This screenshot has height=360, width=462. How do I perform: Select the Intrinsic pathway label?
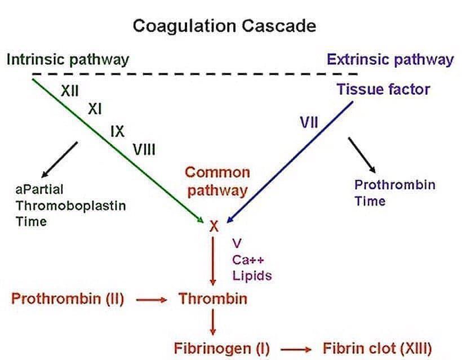tap(68, 60)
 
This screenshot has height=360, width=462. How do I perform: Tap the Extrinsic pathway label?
tap(390, 60)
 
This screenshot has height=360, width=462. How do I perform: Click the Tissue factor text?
tap(383, 89)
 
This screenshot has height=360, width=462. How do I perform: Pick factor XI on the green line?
tap(94, 110)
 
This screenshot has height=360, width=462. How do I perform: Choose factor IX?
tap(117, 131)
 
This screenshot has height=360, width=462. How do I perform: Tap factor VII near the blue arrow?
tap(309, 122)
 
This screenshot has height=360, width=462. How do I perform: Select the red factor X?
tap(214, 226)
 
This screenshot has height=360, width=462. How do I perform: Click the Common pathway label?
tap(217, 181)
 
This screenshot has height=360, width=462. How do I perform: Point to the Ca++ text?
tap(248, 260)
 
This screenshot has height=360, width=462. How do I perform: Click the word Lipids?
tap(252, 275)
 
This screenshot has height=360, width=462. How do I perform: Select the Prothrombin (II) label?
tap(68, 299)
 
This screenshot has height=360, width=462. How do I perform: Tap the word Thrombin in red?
tap(213, 299)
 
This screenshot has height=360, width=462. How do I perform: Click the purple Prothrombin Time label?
tap(394, 193)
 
